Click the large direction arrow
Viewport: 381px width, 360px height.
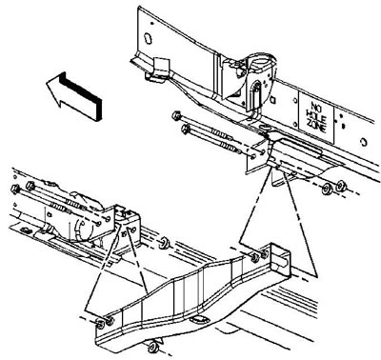coord(74,95)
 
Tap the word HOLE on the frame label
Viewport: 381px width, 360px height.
coord(315,117)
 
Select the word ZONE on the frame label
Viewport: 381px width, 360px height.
coord(316,128)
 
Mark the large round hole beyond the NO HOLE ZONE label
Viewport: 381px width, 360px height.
coord(364,142)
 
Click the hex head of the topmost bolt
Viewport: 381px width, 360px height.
coord(177,115)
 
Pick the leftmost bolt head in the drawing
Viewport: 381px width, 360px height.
coord(15,190)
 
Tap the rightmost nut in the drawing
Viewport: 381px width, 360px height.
coord(341,186)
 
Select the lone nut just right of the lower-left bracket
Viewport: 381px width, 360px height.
coord(165,243)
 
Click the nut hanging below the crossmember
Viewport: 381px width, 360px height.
coord(153,347)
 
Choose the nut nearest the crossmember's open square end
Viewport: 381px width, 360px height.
coord(264,253)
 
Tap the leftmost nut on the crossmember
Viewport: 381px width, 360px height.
coord(101,324)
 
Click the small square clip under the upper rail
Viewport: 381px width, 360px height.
coord(161,66)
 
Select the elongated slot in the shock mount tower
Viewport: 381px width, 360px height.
coord(256,94)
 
